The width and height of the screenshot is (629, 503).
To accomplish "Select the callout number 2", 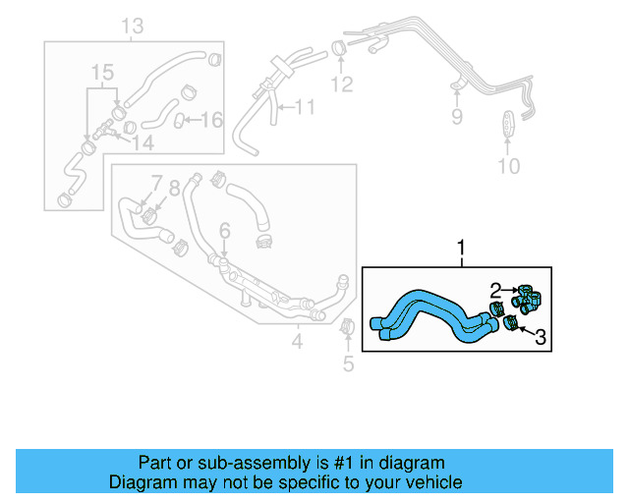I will point(496,290).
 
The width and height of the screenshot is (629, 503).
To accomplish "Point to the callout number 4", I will point(297,342).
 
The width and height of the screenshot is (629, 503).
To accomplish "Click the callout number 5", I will point(347,366).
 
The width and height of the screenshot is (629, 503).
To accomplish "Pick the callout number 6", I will point(224,231).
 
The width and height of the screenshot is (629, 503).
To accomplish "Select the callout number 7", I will point(155,185).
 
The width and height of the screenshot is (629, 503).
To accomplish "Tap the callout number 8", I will point(175,187).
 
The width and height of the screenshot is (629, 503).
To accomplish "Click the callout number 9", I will point(456,118).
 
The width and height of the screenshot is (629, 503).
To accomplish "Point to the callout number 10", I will point(507,166).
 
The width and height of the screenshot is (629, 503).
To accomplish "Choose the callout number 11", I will point(305,106).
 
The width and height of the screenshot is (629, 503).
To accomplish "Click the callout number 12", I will point(341,84).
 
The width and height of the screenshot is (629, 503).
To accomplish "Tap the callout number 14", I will point(143,142).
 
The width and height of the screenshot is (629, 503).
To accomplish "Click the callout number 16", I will point(212,120).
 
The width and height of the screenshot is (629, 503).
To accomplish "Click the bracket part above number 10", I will point(507,126).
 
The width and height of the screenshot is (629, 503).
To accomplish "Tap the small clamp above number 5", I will point(346,327).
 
